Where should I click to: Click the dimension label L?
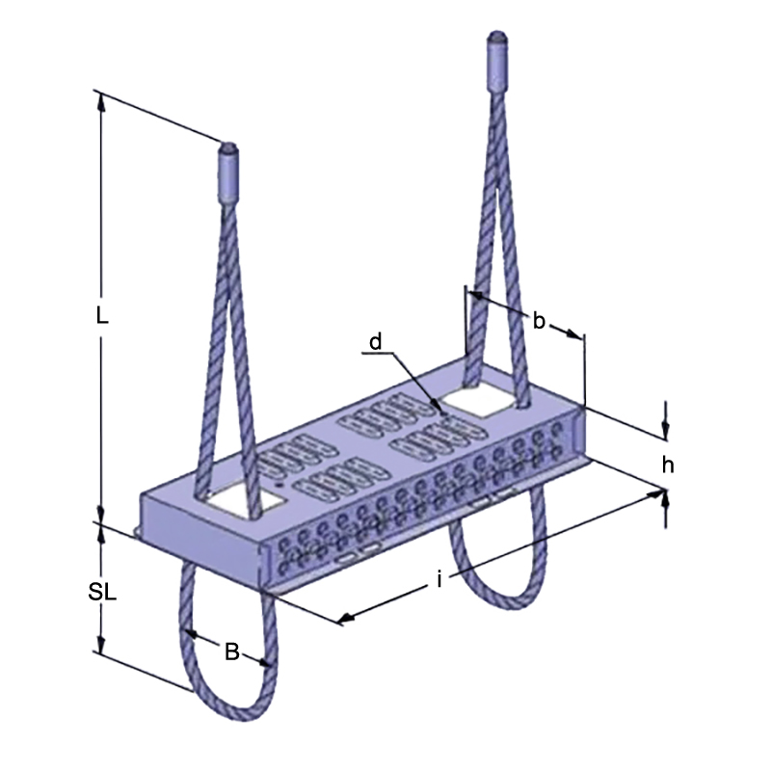[103, 315]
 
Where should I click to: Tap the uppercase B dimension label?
[231, 651]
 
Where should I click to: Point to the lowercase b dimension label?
[540, 321]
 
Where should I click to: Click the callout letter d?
[376, 341]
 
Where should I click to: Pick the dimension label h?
[667, 465]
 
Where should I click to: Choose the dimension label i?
[439, 579]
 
